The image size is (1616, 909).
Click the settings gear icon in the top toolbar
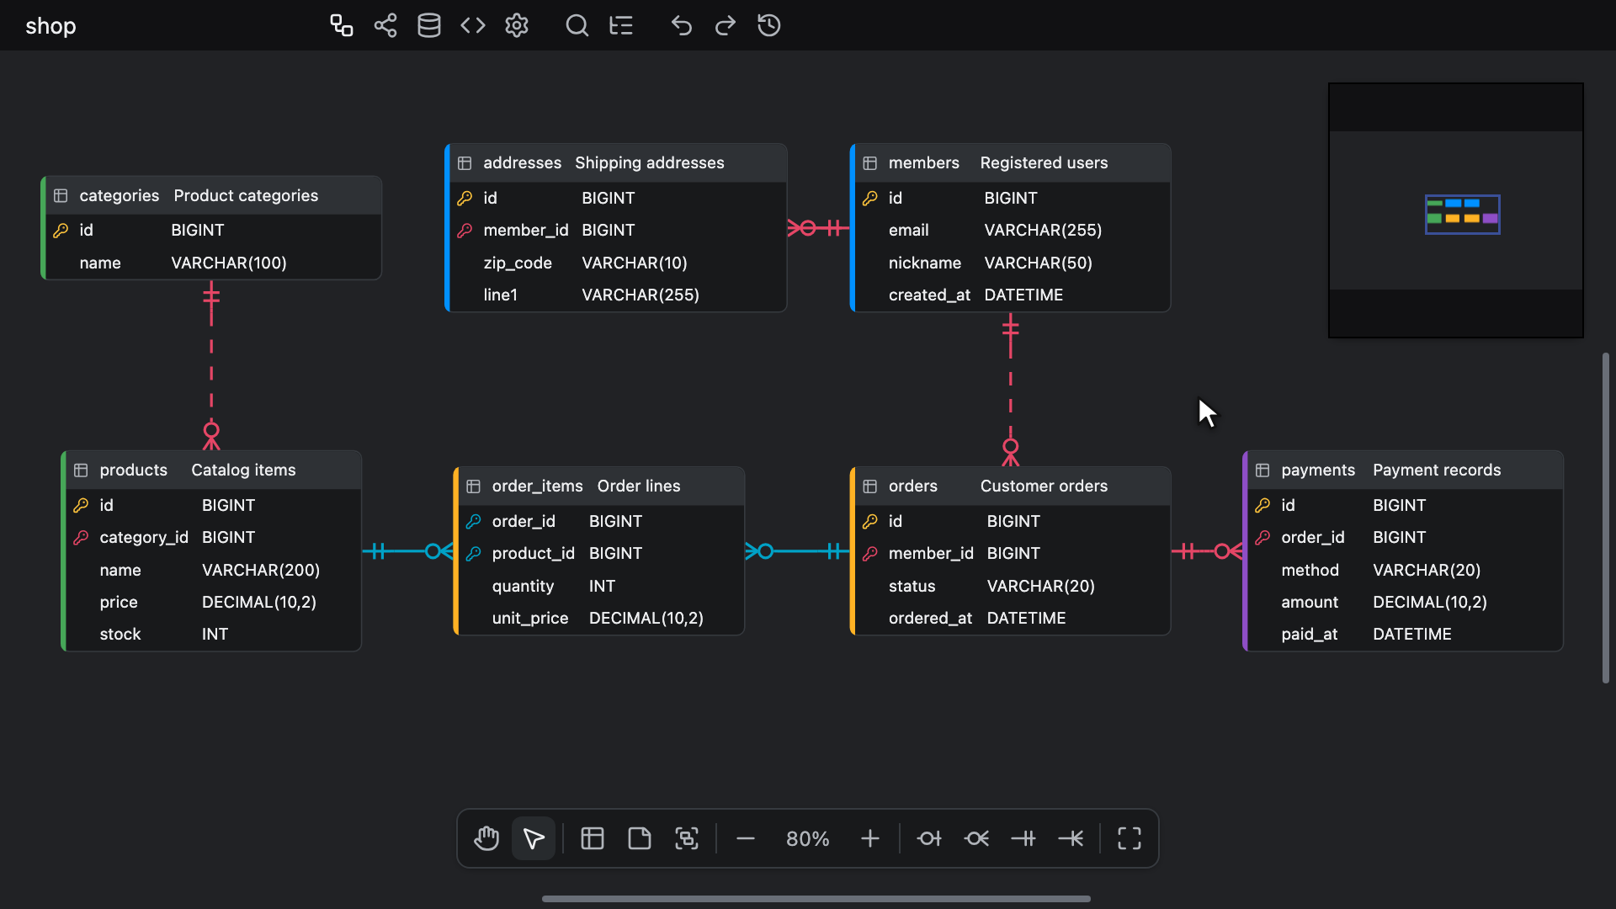(x=517, y=25)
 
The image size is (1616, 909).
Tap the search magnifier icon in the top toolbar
(x=577, y=25)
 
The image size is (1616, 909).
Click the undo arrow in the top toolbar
(x=681, y=25)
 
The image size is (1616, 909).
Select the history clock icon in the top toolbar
(x=768, y=25)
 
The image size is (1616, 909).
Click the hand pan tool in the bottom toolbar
(x=486, y=838)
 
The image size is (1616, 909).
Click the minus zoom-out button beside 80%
(x=745, y=838)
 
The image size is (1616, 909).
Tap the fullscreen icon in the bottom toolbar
(x=1129, y=838)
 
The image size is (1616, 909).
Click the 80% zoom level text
(x=807, y=838)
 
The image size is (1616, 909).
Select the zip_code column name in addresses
(x=518, y=263)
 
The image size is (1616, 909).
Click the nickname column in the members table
(x=924, y=263)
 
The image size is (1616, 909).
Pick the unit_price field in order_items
(x=530, y=618)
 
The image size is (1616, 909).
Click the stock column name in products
(x=120, y=634)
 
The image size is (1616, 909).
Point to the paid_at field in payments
(x=1309, y=634)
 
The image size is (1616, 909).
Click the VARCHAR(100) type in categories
(x=229, y=263)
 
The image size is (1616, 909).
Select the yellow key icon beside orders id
(x=870, y=521)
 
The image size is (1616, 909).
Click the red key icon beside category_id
(x=81, y=537)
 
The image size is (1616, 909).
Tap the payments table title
(x=1318, y=470)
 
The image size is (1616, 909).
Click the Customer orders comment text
(x=1044, y=486)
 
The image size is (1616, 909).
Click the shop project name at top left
(x=50, y=26)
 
